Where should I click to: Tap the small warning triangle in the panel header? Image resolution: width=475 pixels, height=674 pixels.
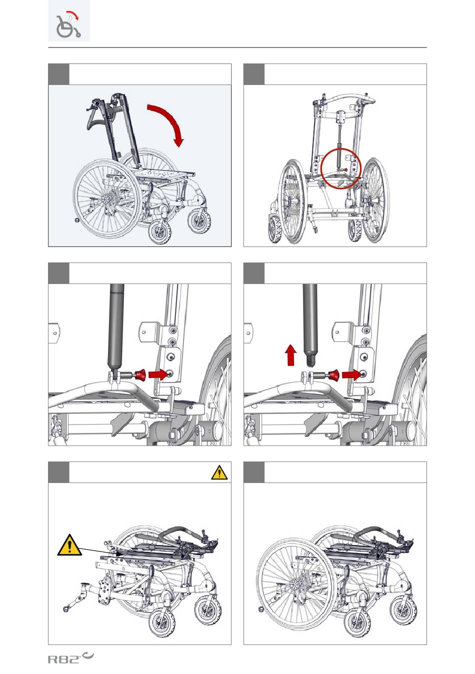tap(219, 472)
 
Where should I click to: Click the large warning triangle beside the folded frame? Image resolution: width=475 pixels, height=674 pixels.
tap(69, 544)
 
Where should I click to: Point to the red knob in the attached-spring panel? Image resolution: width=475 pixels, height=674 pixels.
tap(140, 374)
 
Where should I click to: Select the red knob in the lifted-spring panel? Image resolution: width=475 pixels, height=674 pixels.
tap(333, 374)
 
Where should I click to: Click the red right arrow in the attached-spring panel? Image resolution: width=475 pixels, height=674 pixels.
tap(158, 374)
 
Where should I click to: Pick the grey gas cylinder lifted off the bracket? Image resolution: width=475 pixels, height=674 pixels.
tap(310, 320)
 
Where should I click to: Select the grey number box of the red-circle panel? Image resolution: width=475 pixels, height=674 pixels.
tap(253, 74)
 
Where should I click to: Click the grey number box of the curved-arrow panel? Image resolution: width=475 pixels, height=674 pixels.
tap(58, 74)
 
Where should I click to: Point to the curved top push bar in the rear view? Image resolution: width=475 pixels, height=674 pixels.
tap(345, 100)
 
